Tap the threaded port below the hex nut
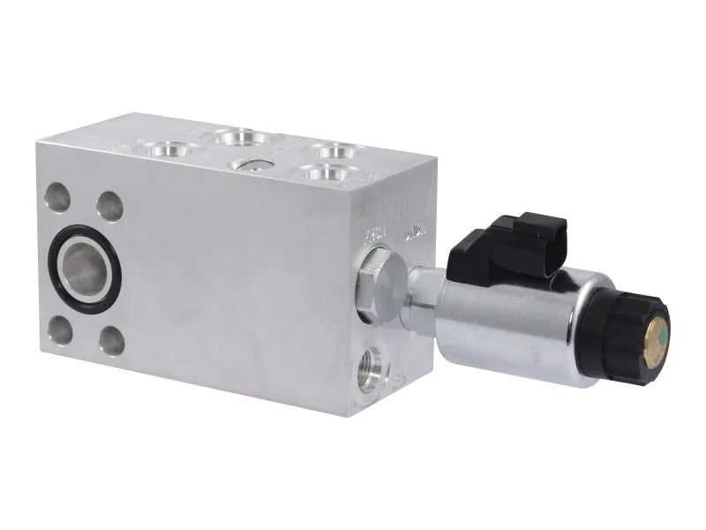point(370,371)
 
